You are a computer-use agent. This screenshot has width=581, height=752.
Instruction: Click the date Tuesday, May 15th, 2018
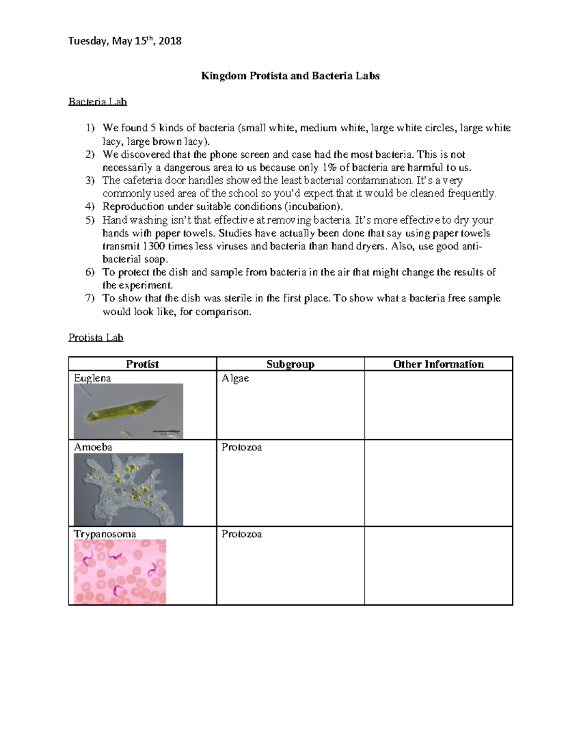click(124, 41)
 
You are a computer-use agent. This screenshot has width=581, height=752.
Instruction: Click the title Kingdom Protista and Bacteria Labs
click(290, 76)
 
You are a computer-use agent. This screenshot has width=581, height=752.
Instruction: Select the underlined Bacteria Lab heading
click(97, 102)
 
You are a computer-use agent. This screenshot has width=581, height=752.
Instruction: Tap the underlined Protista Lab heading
click(96, 338)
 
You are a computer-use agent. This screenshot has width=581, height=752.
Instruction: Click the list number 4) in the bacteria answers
click(90, 207)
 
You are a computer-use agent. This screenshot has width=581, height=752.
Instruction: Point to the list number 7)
click(90, 298)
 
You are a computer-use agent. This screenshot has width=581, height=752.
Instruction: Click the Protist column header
click(142, 364)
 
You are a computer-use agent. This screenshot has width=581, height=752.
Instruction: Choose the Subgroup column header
click(290, 364)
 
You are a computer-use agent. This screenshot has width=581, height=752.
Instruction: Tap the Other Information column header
click(438, 364)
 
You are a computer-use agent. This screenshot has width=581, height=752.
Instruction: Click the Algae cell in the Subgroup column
click(235, 378)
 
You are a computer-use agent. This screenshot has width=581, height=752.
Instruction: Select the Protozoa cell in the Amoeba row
click(242, 447)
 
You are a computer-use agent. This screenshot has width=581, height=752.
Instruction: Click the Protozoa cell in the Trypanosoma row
click(242, 534)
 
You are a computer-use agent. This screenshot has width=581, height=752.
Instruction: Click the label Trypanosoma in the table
click(105, 534)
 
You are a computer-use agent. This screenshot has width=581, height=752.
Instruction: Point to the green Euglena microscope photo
click(128, 411)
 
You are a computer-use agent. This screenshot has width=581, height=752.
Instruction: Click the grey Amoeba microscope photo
click(128, 489)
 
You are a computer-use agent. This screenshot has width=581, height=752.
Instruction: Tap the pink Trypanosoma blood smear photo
click(120, 572)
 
